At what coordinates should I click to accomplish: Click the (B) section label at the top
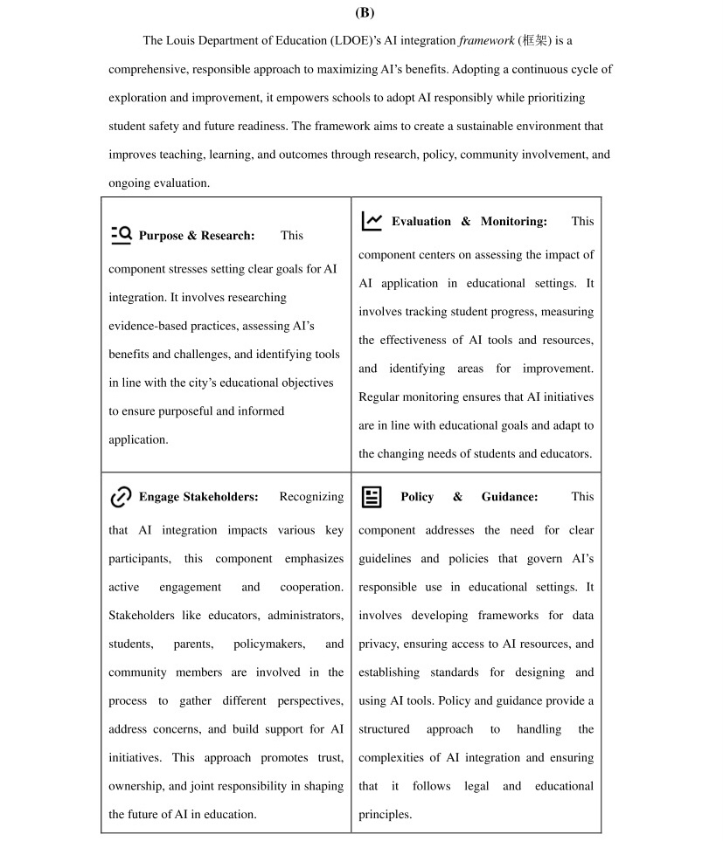pyautogui.click(x=365, y=12)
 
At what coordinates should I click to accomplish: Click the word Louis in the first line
pyautogui.click(x=182, y=40)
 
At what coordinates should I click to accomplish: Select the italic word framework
pyautogui.click(x=487, y=40)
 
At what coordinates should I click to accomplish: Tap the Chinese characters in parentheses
pyautogui.click(x=532, y=40)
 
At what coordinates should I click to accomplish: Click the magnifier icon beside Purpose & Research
pyautogui.click(x=121, y=234)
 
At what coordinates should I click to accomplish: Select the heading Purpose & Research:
pyautogui.click(x=197, y=235)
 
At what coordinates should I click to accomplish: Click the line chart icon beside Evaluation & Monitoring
pyautogui.click(x=372, y=221)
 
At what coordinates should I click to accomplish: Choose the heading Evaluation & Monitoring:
pyautogui.click(x=469, y=221)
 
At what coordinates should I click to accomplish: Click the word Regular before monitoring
pyautogui.click(x=379, y=397)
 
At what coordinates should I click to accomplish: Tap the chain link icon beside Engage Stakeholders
pyautogui.click(x=121, y=497)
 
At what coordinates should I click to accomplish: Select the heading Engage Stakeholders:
pyautogui.click(x=198, y=497)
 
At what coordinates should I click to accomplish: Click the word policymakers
pyautogui.click(x=269, y=644)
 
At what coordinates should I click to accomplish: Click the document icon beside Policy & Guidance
pyautogui.click(x=372, y=497)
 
